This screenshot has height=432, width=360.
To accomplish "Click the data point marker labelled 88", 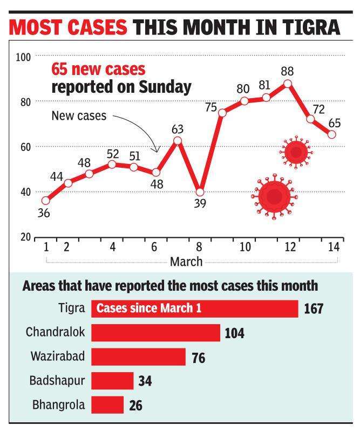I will [288, 84].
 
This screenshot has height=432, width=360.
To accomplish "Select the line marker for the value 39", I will [200, 192].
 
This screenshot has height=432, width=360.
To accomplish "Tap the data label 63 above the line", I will [178, 129].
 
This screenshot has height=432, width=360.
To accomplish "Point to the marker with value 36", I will [46, 201].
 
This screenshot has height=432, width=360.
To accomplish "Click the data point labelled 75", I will [222, 112].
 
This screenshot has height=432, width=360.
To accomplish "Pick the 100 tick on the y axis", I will [25, 56].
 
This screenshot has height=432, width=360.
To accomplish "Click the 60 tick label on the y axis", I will [25, 147].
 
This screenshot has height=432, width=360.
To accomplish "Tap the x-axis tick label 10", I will [245, 247].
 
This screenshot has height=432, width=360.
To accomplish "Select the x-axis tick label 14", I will [334, 247].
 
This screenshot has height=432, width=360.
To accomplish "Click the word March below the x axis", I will [186, 262].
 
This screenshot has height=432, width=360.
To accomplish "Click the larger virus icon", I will [274, 196].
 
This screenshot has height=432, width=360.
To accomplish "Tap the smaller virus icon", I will [296, 153].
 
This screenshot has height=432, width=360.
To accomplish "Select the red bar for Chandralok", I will [155, 333].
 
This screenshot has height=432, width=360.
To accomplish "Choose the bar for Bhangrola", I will [107, 404].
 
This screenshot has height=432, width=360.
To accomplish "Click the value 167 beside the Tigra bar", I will [313, 309].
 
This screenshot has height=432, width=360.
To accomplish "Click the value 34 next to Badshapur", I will [145, 381].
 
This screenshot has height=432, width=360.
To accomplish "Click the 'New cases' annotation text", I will [79, 115].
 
